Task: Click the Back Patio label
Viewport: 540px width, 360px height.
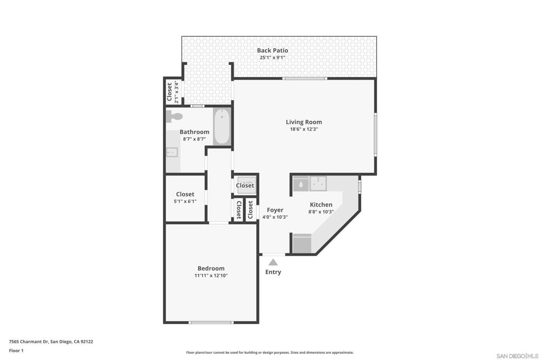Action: (x=273, y=50)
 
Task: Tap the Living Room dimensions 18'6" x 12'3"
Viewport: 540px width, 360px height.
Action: (x=304, y=130)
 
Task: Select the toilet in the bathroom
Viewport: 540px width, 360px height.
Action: (x=174, y=116)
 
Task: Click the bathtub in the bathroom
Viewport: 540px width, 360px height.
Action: (x=222, y=127)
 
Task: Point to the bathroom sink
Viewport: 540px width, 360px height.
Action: (x=172, y=152)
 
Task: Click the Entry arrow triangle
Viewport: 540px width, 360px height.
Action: (x=273, y=262)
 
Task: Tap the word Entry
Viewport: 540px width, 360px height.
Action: (x=273, y=272)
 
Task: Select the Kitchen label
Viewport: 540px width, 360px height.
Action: (x=321, y=205)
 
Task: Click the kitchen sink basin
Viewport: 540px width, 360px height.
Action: (x=318, y=183)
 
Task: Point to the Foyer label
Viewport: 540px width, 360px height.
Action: (x=275, y=210)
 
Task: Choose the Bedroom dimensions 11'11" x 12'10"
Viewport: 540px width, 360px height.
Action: (x=211, y=275)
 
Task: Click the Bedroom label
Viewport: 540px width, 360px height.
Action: (x=211, y=268)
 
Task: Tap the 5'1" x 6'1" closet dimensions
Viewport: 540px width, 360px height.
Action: (x=185, y=201)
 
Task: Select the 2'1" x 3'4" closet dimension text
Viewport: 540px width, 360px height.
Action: (x=177, y=92)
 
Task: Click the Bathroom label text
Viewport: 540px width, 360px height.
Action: (x=194, y=132)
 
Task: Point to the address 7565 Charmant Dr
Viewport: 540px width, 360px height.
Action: (x=28, y=342)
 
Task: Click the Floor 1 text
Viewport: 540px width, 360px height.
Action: (x=16, y=351)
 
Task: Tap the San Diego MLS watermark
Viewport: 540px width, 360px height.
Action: (x=517, y=356)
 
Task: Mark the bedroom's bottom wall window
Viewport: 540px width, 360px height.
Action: (x=211, y=323)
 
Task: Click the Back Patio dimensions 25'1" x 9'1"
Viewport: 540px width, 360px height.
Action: (x=273, y=57)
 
